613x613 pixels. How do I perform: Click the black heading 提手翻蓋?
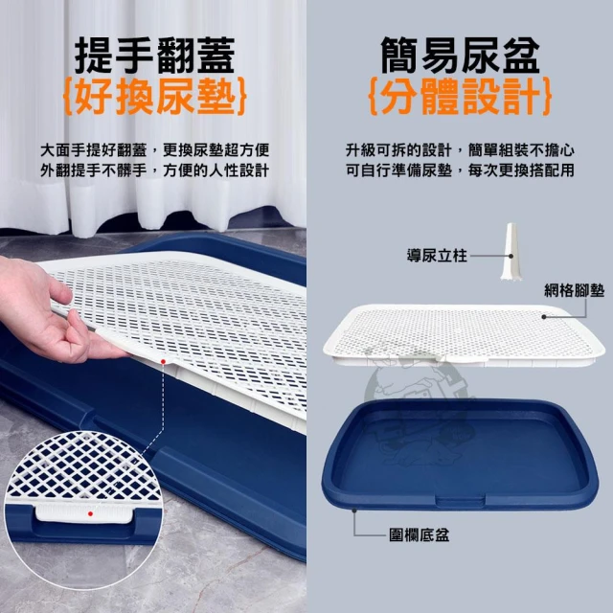pyautogui.click(x=154, y=56)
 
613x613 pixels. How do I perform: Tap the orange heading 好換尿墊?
pyautogui.click(x=155, y=96)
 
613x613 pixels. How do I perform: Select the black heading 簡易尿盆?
pyautogui.click(x=460, y=56)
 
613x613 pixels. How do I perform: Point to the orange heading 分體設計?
pyautogui.click(x=461, y=96)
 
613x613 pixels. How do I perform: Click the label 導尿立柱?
pyautogui.click(x=437, y=256)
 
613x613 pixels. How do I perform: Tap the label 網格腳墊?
pyautogui.click(x=575, y=290)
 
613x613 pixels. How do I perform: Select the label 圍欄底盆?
pyautogui.click(x=420, y=534)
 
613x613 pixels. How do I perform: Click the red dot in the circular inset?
pyautogui.click(x=90, y=513)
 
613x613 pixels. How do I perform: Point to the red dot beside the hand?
pyautogui.click(x=163, y=362)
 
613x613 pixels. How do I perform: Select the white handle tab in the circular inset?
pyautogui.click(x=84, y=513)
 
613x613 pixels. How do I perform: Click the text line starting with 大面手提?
pyautogui.click(x=155, y=150)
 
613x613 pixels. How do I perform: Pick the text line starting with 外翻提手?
pyautogui.click(x=155, y=170)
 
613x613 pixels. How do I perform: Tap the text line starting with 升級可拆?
pyautogui.click(x=460, y=150)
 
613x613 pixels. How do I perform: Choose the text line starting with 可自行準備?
pyautogui.click(x=460, y=170)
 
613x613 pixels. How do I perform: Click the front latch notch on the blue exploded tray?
pyautogui.click(x=460, y=501)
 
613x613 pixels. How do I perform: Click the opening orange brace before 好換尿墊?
pyautogui.click(x=68, y=97)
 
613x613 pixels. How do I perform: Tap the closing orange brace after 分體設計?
pyautogui.click(x=547, y=97)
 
